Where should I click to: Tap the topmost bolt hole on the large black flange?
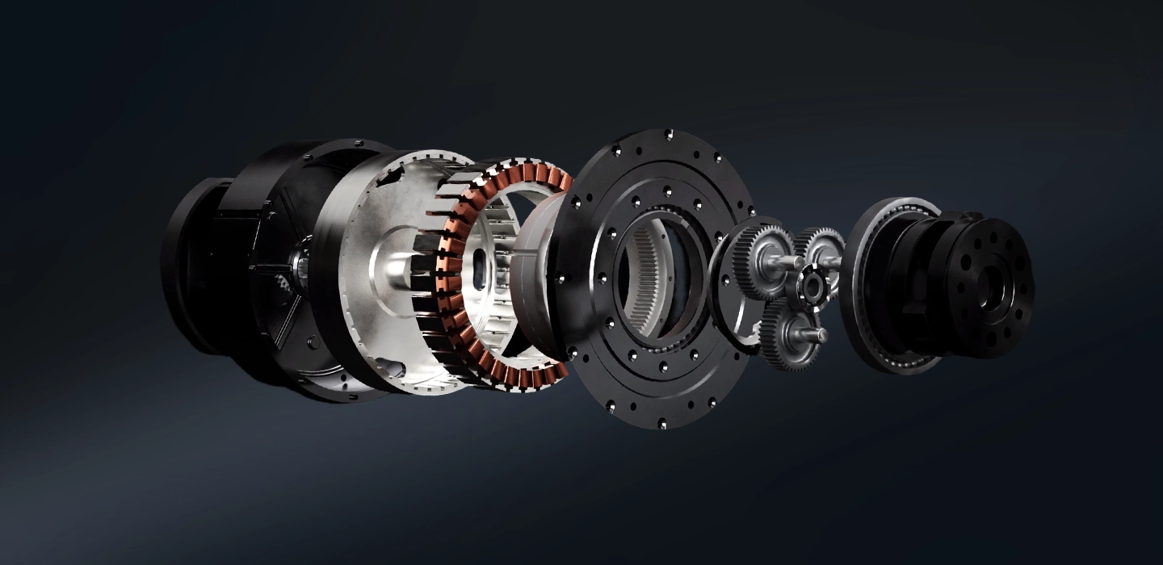coord(667,134)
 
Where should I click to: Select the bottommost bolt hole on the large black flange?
coord(662,423)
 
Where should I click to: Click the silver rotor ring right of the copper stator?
coord(529,278)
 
